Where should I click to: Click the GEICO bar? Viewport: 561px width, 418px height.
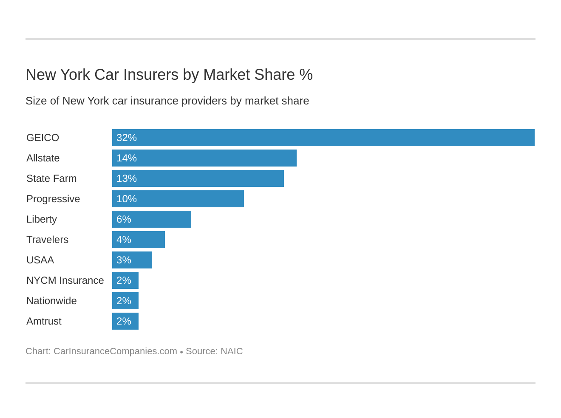pos(323,138)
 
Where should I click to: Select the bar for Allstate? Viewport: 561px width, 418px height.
pos(204,158)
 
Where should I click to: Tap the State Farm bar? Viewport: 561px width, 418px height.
pos(198,178)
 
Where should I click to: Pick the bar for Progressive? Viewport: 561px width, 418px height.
pos(178,199)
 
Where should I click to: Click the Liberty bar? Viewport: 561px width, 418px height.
pos(152,219)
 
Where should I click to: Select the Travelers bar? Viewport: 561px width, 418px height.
pos(139,240)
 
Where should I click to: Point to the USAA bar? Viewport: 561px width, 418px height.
pos(132,260)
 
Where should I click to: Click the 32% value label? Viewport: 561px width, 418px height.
pos(127,138)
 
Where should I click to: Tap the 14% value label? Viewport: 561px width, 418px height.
pos(127,158)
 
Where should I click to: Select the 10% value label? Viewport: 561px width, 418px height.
pos(127,199)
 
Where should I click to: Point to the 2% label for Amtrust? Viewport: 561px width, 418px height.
pos(124,321)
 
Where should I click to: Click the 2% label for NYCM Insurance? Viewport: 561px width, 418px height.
pos(124,280)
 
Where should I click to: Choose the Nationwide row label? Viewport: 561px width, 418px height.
pos(51,301)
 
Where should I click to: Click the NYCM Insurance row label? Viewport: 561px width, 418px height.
pos(65,280)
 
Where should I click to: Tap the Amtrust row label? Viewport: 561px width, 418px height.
pos(44,321)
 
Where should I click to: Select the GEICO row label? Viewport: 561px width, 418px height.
pos(42,138)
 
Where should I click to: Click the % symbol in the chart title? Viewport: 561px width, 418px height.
pos(306,75)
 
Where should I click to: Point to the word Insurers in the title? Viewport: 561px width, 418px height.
pos(151,75)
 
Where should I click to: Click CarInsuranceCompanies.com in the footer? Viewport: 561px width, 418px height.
pos(115,351)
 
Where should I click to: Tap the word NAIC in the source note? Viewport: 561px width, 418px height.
pos(232,351)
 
